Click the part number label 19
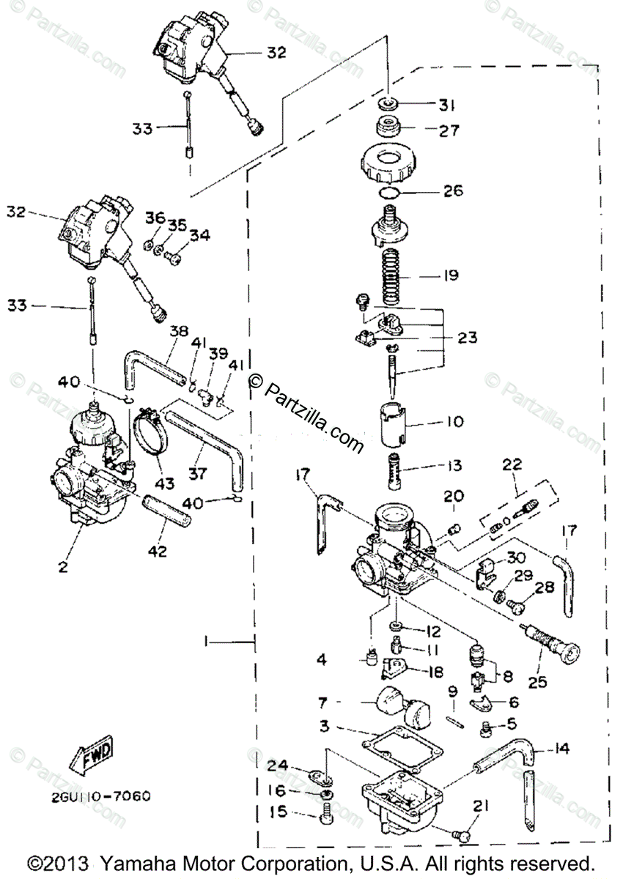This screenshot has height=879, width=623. coord(450,275)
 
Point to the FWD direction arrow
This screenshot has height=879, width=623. coord(89,757)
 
